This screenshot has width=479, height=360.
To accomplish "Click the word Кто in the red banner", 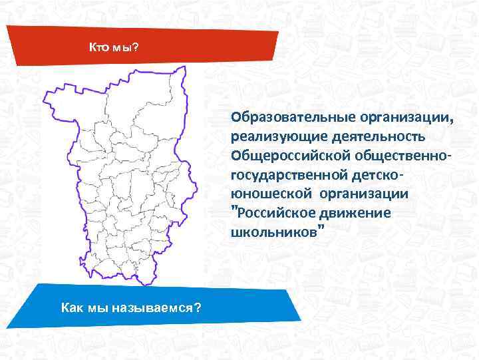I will click(99, 48).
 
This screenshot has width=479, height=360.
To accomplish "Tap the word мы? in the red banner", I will click(124, 48).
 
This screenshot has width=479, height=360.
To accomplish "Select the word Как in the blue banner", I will click(72, 307).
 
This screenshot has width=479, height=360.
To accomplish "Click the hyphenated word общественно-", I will click(404, 156).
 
